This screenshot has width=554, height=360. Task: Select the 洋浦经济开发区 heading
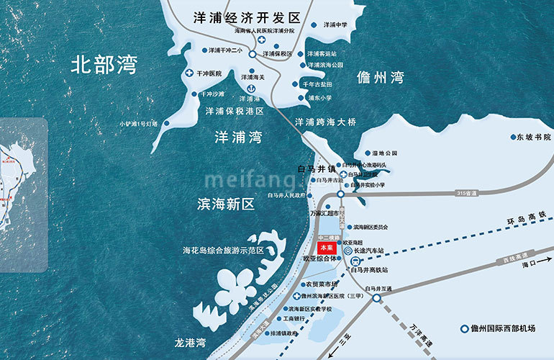coord(245,17)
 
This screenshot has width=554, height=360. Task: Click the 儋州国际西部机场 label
coord(501,329)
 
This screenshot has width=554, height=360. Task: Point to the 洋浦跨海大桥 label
coord(326,122)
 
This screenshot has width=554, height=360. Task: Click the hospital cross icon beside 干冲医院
coord(190,73)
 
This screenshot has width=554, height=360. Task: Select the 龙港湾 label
coord(190,342)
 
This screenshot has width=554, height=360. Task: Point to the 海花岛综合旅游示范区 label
coord(224,251)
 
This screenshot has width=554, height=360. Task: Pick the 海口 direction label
coord(531,264)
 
